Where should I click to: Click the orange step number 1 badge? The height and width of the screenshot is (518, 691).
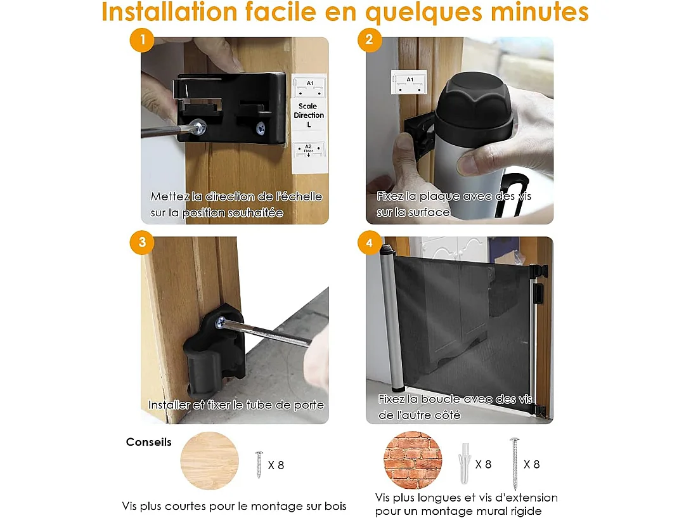coord(142,41)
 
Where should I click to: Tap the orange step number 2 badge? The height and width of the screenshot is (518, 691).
coord(370,41)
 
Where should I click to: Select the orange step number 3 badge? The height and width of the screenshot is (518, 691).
coord(142,242)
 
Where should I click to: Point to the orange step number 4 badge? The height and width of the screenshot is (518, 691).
coord(370,242)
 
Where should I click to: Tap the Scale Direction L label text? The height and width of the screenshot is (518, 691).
coord(309,115)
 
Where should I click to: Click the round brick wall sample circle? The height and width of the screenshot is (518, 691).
coord(413,460)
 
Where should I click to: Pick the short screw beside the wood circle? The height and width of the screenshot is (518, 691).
coord(259,464)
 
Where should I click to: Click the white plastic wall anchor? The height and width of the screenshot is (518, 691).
coord(463,462)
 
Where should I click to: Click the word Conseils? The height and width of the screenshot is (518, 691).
coord(149,443)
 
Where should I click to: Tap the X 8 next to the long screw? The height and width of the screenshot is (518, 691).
coord(532,464)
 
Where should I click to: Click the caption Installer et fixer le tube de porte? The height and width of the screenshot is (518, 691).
coord(236,405)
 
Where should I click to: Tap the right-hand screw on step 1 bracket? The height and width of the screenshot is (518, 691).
coord(261,128)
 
